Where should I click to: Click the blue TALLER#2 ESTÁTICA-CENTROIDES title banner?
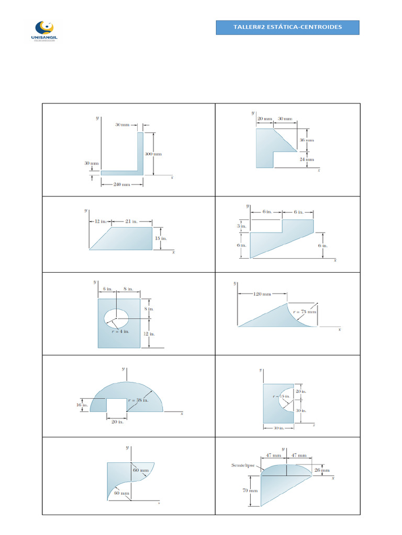pos(287,27)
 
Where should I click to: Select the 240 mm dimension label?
pos(121,185)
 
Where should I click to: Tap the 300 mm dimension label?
pos(153,154)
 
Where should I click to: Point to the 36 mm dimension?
pos(307,141)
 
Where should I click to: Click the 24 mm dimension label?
pos(307,159)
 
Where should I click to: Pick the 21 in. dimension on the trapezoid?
pos(131,222)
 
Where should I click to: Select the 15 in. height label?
pos(161,238)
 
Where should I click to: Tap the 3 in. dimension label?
pos(242,226)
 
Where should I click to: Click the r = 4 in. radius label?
pos(119,330)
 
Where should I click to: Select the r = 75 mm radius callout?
pos(305,312)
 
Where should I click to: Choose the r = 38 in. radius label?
pos(139,400)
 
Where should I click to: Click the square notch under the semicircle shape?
pos(117,405)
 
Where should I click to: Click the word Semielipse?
pos(242,465)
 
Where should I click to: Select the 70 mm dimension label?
pos(250,491)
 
